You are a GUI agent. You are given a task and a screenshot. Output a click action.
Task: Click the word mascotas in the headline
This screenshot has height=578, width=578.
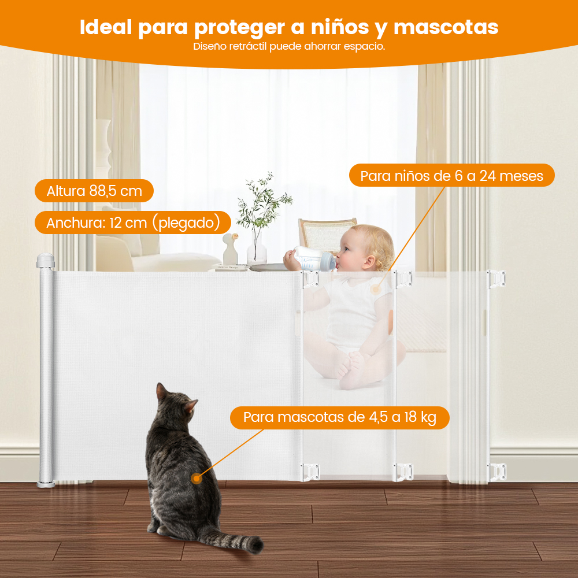(x=446, y=27)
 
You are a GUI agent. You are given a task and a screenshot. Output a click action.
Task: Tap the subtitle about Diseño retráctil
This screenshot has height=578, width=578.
(x=289, y=46)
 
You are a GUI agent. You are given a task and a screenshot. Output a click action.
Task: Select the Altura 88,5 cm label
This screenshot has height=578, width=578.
(x=94, y=191)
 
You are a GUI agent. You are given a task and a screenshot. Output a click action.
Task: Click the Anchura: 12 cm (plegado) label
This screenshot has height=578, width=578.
(x=133, y=223)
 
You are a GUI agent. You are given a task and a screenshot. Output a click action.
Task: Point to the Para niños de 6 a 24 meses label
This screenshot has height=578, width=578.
(x=451, y=176)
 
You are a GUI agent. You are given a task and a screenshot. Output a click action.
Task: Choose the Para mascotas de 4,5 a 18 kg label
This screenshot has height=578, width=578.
(x=339, y=418)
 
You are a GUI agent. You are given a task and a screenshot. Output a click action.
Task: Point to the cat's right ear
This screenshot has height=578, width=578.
(x=191, y=406)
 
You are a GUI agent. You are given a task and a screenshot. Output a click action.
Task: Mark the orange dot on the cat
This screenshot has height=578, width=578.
(x=197, y=479)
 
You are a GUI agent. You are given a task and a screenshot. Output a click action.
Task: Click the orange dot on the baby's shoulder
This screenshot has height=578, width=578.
(x=375, y=290)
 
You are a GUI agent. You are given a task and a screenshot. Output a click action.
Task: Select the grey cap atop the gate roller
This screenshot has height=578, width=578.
(x=45, y=261)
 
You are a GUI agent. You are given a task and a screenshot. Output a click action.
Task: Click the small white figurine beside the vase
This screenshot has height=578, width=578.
(x=231, y=249)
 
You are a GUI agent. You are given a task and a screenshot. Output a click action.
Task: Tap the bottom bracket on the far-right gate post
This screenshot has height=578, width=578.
(x=497, y=472)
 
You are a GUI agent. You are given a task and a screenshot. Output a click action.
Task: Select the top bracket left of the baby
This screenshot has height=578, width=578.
(x=310, y=279)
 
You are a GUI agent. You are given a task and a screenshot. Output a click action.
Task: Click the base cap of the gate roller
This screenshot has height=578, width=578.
(x=46, y=484)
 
